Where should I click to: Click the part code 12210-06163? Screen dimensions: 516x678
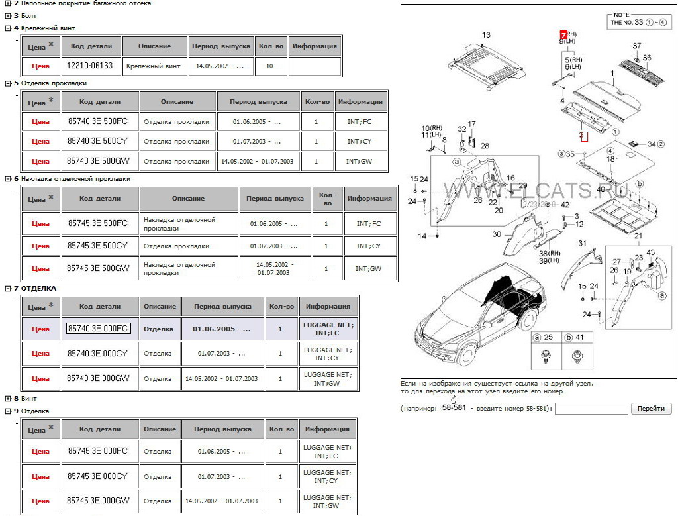click(x=90, y=66)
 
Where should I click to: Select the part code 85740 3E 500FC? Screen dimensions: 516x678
click(x=97, y=122)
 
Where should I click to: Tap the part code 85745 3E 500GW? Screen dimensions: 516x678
click(x=97, y=269)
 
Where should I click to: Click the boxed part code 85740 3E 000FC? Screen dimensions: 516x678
click(x=97, y=329)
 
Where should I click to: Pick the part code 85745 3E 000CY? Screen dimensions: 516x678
click(x=97, y=476)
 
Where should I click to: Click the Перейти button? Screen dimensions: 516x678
click(x=651, y=409)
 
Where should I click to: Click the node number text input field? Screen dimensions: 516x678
click(x=591, y=409)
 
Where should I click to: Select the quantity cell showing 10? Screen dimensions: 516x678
click(x=269, y=66)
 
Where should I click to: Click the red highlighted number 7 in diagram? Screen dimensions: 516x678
click(x=563, y=34)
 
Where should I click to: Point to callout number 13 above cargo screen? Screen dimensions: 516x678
click(x=486, y=35)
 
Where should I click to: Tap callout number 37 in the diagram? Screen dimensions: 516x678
click(x=636, y=46)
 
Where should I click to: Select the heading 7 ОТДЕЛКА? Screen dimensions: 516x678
click(x=38, y=289)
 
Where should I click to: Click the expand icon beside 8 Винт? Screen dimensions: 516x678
click(x=7, y=399)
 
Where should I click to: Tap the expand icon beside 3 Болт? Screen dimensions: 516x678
click(x=7, y=15)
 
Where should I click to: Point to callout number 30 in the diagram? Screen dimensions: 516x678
click(x=497, y=234)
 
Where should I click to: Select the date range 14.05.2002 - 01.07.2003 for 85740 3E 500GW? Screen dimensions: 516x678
click(x=258, y=161)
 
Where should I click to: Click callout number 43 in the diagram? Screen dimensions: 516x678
click(x=651, y=252)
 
